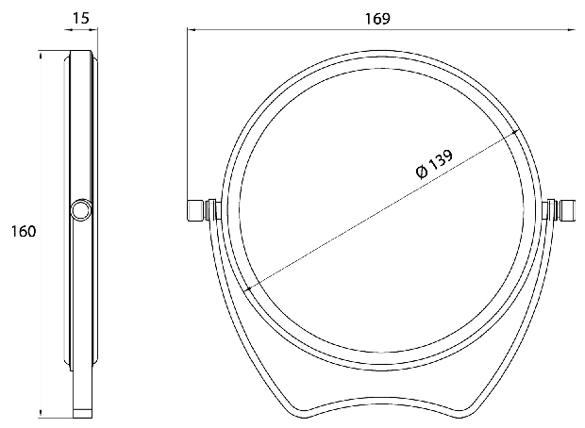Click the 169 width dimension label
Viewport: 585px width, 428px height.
click(x=377, y=18)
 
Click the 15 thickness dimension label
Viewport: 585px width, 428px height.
click(x=80, y=18)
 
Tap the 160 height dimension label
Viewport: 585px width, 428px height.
click(x=24, y=231)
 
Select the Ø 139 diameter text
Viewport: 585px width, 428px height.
click(x=434, y=164)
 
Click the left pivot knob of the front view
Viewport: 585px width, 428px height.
click(x=194, y=210)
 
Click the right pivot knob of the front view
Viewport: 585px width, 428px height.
click(x=568, y=210)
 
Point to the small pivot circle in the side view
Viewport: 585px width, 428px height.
click(x=80, y=210)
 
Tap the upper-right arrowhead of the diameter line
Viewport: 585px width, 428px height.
click(x=515, y=132)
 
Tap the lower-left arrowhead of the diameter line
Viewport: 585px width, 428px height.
click(x=249, y=288)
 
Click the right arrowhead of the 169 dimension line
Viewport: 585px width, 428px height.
click(x=572, y=29)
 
